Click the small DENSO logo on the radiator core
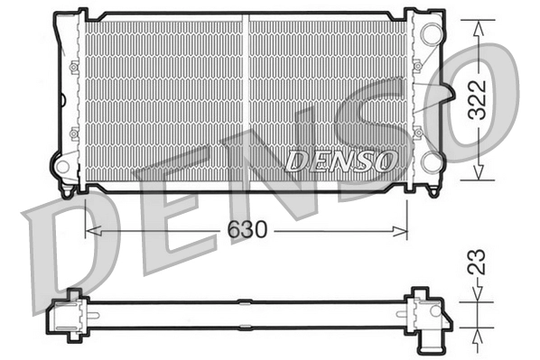(340, 161)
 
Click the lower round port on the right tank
(431, 162)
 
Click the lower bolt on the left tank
(73, 132)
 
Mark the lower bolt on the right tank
(416, 132)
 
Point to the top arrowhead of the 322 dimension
(478, 23)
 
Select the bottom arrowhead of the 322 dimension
(478, 178)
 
